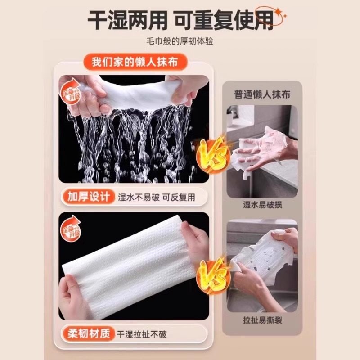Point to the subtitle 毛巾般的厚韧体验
180,41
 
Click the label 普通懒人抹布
262,94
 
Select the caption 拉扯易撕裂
262,320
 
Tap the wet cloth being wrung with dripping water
135,92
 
